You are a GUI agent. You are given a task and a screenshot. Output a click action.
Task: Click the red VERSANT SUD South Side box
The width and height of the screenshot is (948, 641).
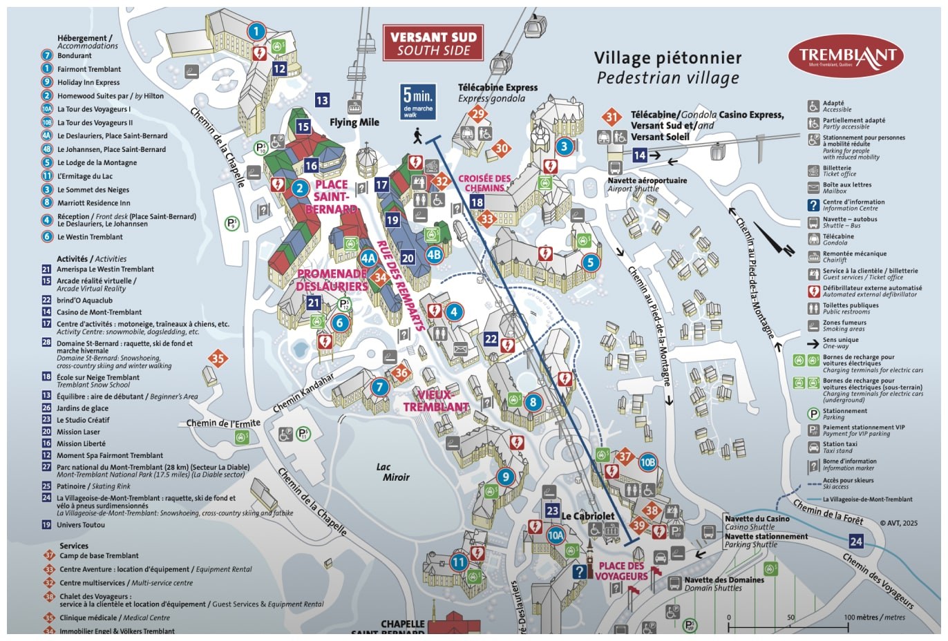pos(433,43)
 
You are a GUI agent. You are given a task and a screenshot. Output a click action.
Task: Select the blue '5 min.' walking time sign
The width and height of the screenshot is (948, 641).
pos(417,102)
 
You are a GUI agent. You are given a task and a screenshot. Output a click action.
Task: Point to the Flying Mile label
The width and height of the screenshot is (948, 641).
pos(354,122)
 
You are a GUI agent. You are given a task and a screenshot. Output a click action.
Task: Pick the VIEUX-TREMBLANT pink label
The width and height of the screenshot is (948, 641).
pos(436,401)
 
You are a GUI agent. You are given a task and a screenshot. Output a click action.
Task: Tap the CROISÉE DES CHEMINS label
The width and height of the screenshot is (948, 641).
pos(484,183)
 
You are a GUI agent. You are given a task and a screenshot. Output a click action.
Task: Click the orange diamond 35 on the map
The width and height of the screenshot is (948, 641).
pos(218,358)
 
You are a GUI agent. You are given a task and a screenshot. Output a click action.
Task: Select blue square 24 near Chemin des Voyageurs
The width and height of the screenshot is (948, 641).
pos(856,541)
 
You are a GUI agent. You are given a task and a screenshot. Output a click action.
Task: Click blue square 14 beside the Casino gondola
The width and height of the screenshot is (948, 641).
pos(640,155)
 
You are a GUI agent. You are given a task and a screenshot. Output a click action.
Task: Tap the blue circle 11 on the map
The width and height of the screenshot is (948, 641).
pos(459,562)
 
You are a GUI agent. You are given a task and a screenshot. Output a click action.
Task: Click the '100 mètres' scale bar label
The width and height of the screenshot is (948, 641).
pos(874,617)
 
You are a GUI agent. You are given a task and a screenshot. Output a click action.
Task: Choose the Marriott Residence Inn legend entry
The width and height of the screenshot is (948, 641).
pos(93,202)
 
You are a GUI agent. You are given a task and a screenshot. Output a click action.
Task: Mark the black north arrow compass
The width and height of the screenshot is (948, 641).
pos(774,238)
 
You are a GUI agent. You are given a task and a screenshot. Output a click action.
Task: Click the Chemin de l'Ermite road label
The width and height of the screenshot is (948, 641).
pos(223,423)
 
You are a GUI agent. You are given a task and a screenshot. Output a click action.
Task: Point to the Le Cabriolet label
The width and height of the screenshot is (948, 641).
pos(587,516)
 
